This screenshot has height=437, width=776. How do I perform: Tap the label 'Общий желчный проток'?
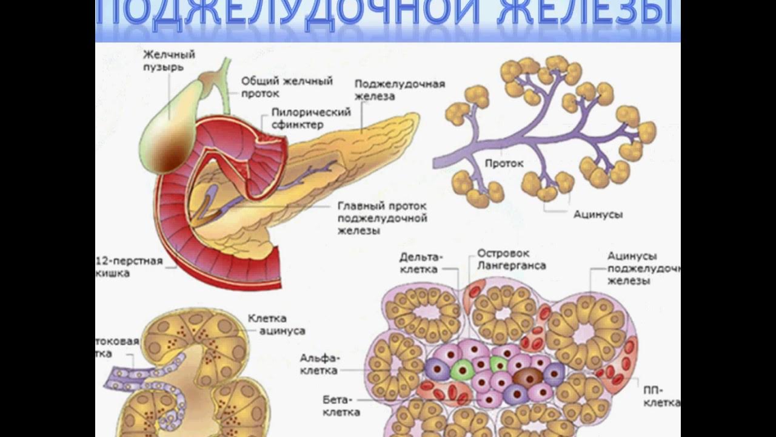tap(287, 87)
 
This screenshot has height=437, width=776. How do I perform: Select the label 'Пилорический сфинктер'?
tap(311, 118)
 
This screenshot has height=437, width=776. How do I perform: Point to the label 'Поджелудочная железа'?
tap(400, 90)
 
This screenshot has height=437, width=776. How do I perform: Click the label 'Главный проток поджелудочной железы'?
tap(382, 218)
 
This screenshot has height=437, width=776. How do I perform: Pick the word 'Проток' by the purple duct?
tap(504, 163)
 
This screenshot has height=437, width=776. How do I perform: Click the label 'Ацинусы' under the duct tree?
tap(598, 214)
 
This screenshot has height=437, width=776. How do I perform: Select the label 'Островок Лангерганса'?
tap(511, 259)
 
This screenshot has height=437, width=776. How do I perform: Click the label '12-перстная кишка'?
tap(129, 267)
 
